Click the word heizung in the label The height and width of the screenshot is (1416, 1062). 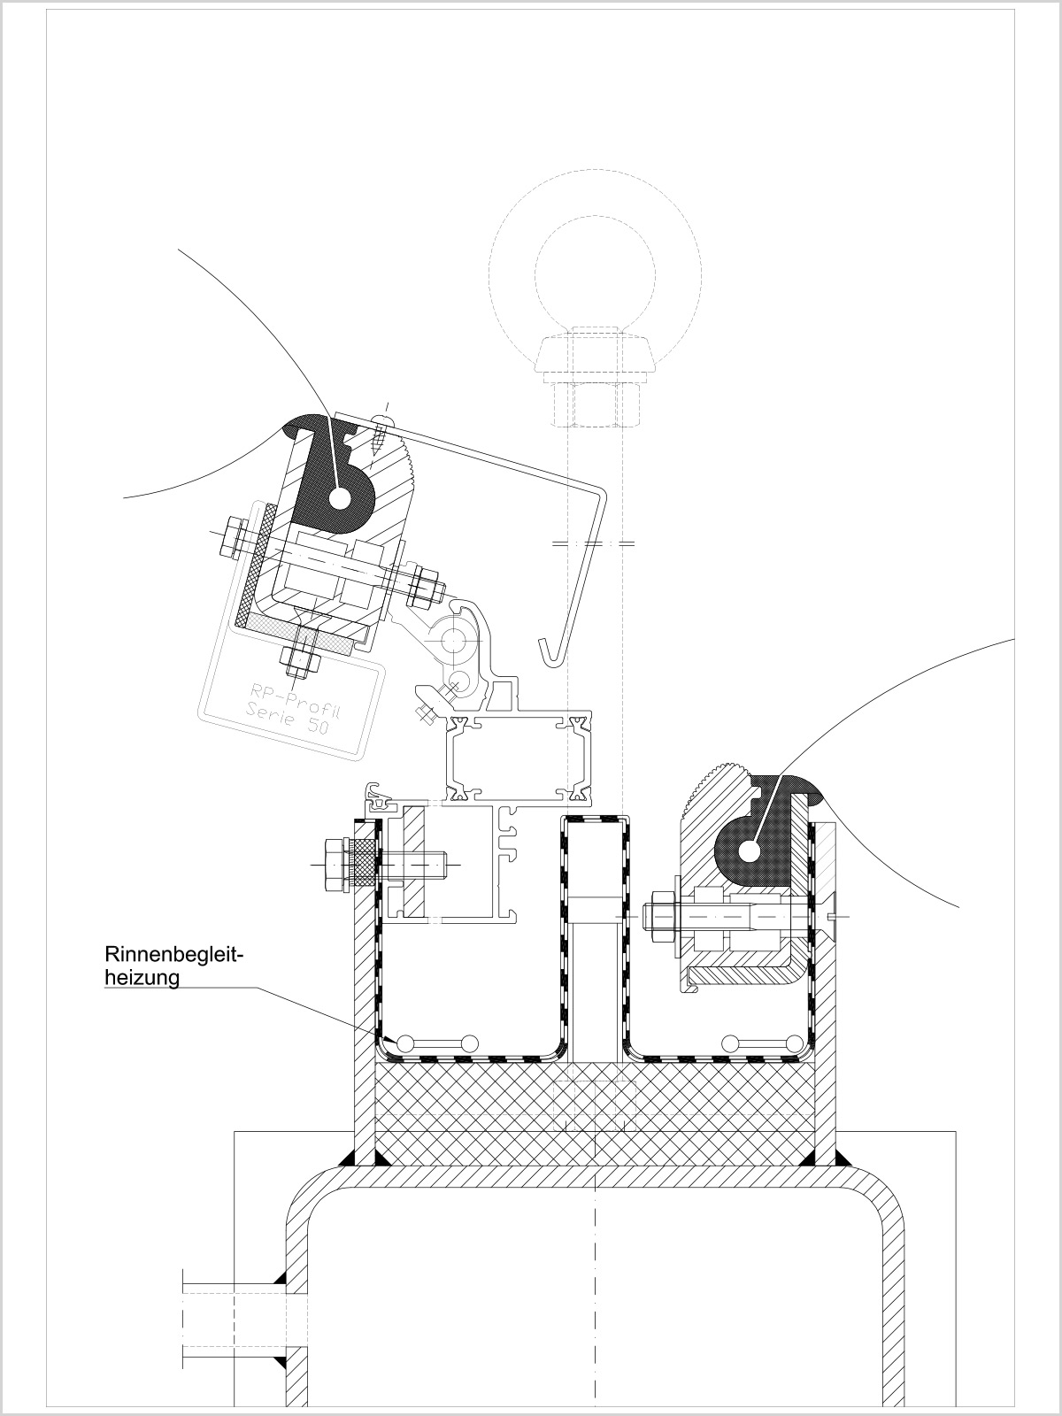click(142, 978)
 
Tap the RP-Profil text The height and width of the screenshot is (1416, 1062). click(296, 704)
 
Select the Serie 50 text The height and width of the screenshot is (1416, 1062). click(288, 722)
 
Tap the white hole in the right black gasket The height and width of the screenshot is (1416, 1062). click(750, 852)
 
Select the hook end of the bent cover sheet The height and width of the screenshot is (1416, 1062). click(548, 651)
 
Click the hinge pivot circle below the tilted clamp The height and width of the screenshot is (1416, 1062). click(455, 640)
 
